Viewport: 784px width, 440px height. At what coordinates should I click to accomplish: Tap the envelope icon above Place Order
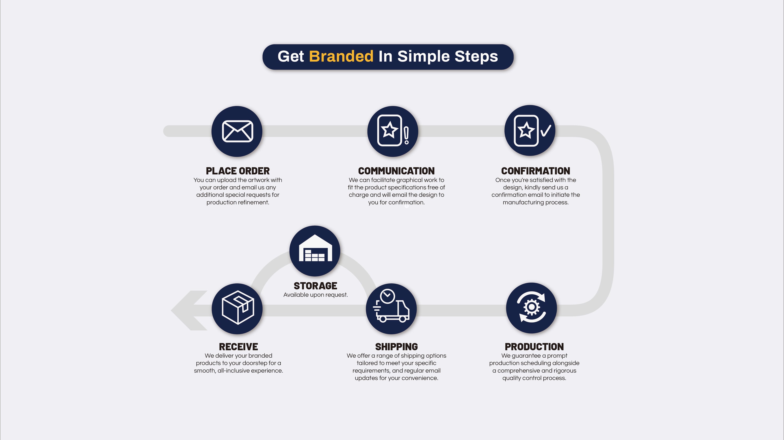237,131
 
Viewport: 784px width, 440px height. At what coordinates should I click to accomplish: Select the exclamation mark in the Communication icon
406,135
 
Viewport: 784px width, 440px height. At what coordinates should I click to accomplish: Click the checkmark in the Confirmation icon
546,131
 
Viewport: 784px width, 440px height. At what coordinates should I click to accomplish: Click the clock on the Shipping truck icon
387,296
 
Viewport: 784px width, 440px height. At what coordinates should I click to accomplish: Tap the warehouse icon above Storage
315,248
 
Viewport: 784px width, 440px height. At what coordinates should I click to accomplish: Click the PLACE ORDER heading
238,171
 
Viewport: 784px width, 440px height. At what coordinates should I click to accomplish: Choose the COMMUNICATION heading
396,171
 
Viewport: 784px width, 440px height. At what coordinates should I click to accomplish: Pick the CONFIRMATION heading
536,171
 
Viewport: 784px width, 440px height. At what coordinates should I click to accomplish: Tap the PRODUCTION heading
534,346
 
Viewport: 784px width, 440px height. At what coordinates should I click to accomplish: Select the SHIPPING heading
396,346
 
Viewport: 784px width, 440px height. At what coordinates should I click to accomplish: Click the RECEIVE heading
238,346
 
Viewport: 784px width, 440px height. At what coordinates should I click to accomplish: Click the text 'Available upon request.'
315,295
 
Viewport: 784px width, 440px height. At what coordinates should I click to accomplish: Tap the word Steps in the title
476,57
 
